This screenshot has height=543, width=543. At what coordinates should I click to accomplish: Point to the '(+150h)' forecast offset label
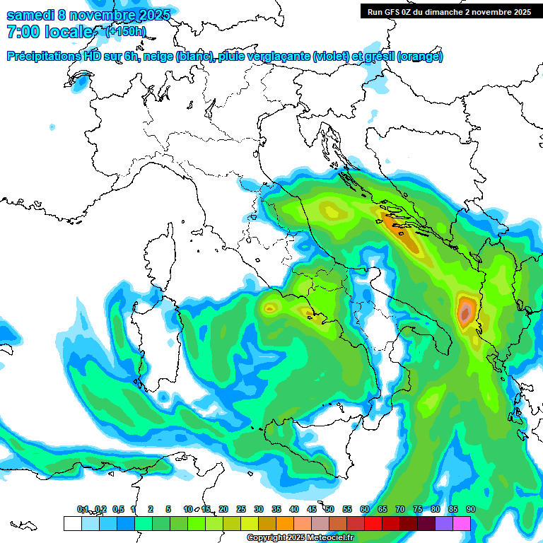click(x=125, y=31)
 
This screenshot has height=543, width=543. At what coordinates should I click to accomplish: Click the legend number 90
click(x=470, y=510)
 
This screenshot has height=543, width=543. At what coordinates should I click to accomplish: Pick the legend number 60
click(x=364, y=510)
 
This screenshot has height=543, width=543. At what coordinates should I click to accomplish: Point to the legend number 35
click(x=276, y=510)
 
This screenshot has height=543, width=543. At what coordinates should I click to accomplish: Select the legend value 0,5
click(x=117, y=510)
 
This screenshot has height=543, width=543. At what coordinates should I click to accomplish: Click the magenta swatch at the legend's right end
click(x=462, y=523)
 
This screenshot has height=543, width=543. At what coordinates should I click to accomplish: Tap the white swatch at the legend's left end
click(x=72, y=523)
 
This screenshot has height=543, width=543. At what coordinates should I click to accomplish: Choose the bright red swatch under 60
click(x=373, y=523)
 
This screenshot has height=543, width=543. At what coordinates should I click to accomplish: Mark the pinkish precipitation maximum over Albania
click(x=465, y=312)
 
